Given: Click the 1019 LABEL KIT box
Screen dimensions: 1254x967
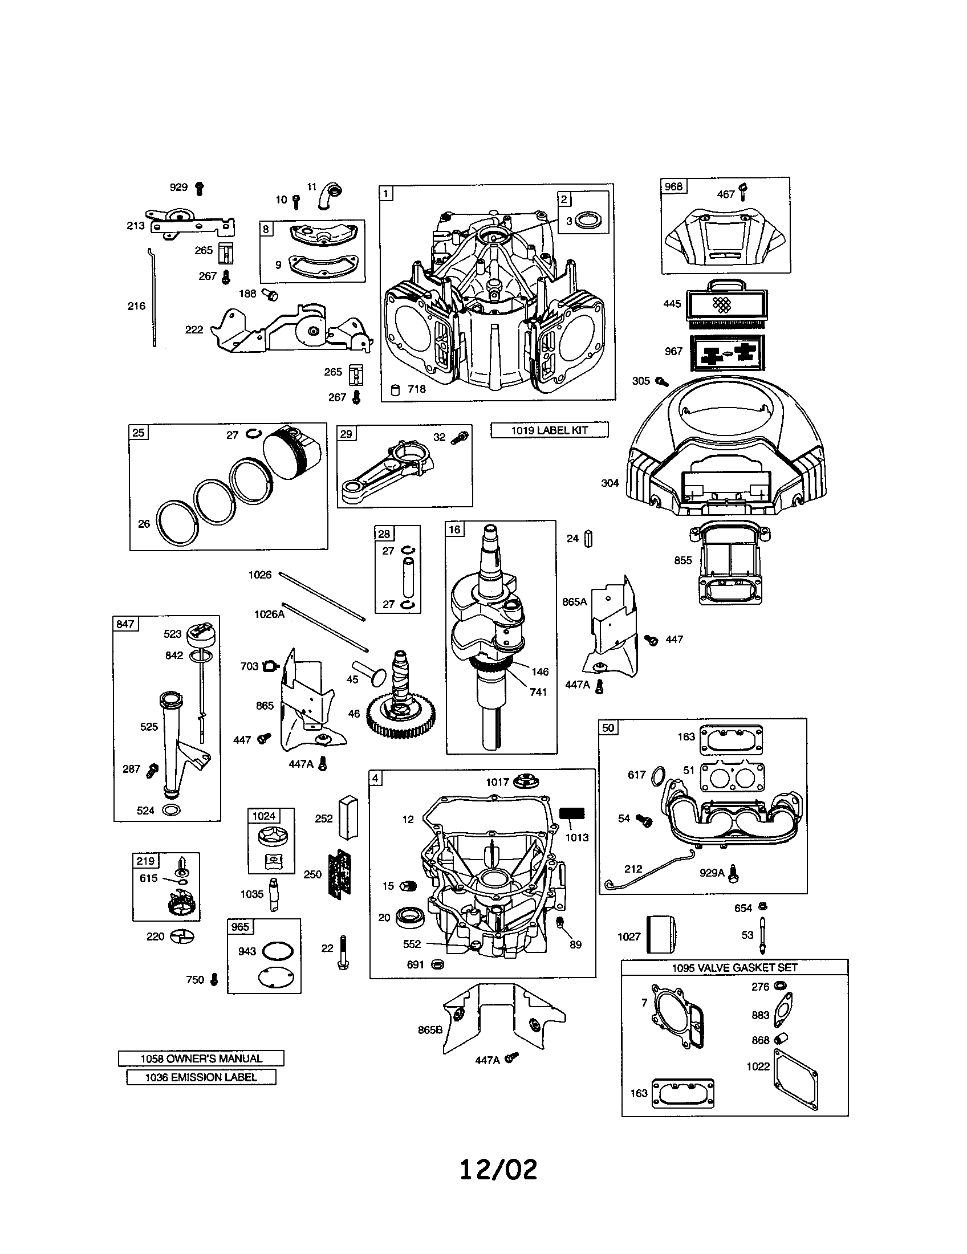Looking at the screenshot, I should click(x=549, y=430).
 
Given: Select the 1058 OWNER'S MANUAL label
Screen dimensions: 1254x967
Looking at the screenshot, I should click(x=201, y=1058).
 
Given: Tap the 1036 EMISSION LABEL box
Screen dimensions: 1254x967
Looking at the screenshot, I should click(x=201, y=1077).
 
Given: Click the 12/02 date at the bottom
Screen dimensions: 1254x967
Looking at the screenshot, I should click(x=498, y=1169).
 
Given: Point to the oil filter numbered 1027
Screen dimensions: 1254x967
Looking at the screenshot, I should click(x=661, y=934).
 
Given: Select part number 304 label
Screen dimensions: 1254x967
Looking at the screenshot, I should click(x=610, y=483).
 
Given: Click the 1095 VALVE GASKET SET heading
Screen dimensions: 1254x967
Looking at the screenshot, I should click(x=734, y=967).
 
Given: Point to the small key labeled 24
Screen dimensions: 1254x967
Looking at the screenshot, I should click(x=588, y=539).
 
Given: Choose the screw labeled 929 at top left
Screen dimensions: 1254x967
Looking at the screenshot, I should click(x=200, y=188).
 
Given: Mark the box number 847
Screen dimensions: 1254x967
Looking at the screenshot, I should click(x=125, y=624).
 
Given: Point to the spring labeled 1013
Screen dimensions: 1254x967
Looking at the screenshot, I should click(x=572, y=813).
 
